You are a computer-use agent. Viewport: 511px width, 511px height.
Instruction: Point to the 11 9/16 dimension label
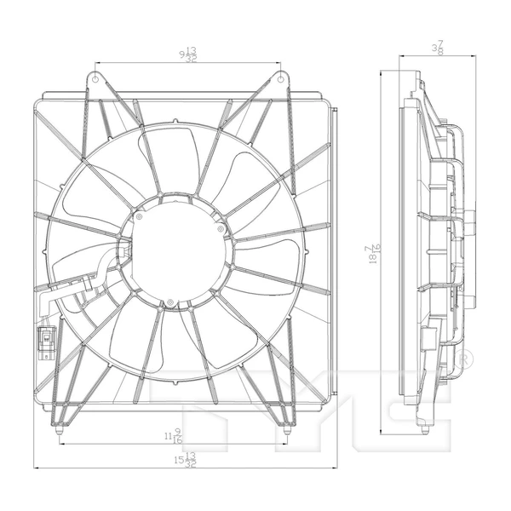tap(174, 437)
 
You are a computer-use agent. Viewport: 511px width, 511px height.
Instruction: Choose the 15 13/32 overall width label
tap(185, 461)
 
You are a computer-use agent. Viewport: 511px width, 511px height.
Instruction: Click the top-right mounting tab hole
tap(281, 78)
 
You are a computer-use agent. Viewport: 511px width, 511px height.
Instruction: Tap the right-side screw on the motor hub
tap(221, 228)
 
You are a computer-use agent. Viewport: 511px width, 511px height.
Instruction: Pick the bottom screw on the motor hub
tap(171, 302)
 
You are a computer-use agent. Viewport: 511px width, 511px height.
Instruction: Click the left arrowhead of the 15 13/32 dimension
tap(36, 468)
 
